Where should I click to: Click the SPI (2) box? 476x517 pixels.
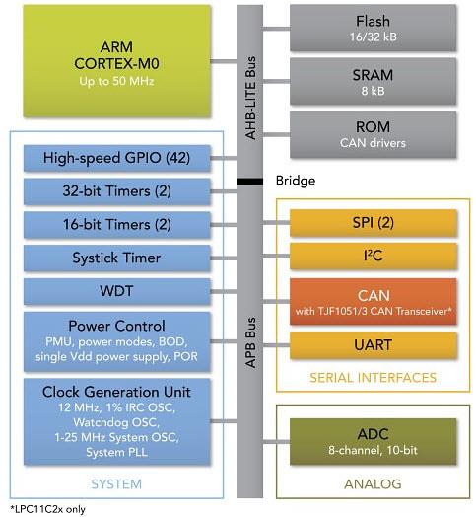373,224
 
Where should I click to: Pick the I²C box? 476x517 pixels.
373,258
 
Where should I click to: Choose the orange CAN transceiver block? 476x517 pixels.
373,300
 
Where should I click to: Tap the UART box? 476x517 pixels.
373,345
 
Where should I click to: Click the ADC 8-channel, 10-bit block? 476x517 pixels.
373,441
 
